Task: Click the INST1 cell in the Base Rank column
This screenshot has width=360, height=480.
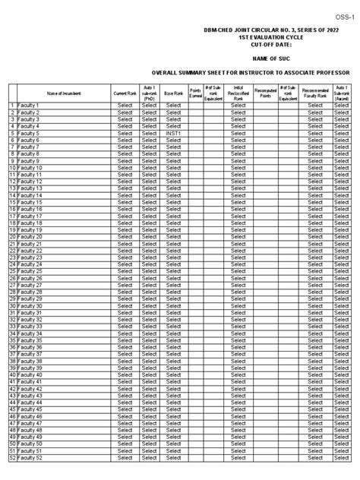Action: [x=174, y=132]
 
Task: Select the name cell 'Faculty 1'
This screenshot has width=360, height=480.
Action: [x=30, y=105]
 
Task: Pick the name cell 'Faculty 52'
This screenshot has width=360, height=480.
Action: [x=32, y=459]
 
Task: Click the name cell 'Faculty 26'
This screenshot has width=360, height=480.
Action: [x=32, y=278]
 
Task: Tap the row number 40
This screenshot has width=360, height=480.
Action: [x=12, y=375]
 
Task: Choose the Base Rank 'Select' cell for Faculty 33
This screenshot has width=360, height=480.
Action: [x=174, y=327]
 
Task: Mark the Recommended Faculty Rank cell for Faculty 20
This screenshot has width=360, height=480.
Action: [x=315, y=237]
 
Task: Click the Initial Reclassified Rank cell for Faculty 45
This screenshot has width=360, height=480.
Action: [x=238, y=410]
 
